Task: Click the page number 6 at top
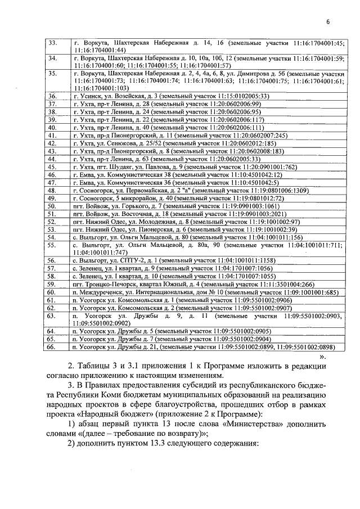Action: [x=327, y=22]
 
